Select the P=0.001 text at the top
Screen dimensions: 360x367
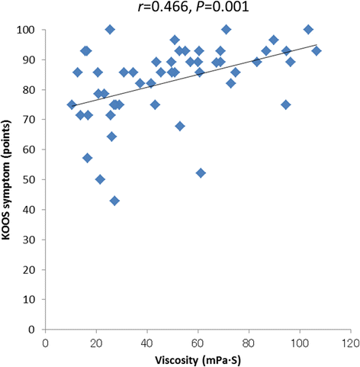click(222, 7)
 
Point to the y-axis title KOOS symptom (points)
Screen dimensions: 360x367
click(6, 179)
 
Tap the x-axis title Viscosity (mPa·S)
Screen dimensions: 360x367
click(198, 360)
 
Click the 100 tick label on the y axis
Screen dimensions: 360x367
click(25, 30)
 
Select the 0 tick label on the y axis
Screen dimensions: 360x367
click(31, 330)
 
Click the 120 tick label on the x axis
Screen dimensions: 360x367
click(351, 343)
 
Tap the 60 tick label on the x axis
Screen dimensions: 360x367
click(198, 343)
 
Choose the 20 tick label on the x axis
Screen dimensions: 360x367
click(96, 343)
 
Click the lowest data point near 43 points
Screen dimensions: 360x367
click(114, 201)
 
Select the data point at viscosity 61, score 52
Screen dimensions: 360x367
click(201, 173)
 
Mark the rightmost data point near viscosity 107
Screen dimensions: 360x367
click(317, 51)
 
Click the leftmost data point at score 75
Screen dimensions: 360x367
click(72, 105)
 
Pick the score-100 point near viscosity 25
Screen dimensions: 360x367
click(110, 30)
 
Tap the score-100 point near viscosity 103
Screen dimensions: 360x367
click(308, 30)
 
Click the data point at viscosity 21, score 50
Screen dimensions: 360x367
click(100, 179)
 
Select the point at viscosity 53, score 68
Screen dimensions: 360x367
click(180, 126)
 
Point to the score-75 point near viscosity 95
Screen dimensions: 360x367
click(286, 105)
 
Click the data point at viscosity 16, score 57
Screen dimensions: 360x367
click(87, 158)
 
